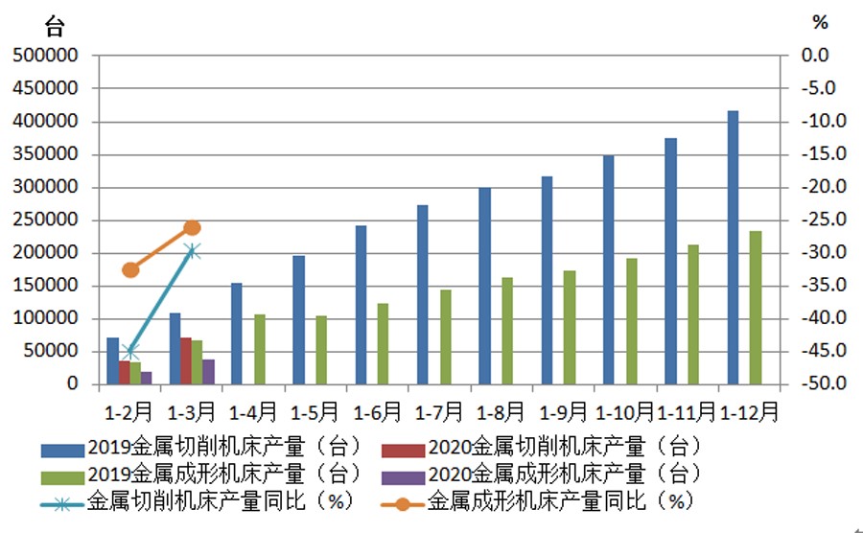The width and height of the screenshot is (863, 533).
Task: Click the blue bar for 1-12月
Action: tap(733, 247)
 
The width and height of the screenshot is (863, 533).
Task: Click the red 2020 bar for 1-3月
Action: tap(186, 360)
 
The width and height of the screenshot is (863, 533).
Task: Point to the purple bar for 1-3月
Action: tap(208, 372)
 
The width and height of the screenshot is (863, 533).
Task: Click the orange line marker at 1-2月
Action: tap(131, 269)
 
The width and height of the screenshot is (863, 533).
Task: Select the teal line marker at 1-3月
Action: tap(193, 251)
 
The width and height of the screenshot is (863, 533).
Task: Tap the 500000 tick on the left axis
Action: tap(44, 56)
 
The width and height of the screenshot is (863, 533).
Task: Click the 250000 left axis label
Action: tap(44, 220)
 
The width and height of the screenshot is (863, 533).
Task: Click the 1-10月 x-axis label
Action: tap(625, 412)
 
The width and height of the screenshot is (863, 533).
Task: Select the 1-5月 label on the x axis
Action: tap(315, 412)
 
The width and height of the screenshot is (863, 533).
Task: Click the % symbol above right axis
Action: tap(819, 22)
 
